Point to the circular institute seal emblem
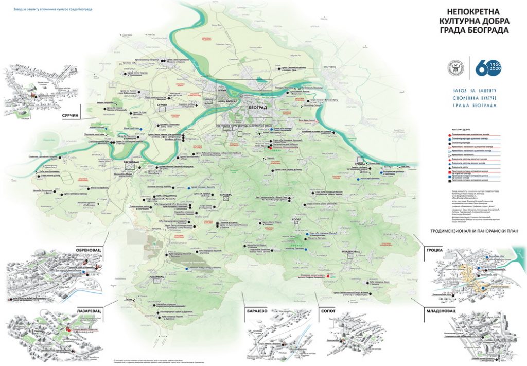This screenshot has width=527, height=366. tap(456, 66)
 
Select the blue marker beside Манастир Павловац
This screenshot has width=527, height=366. tap(307, 249)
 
